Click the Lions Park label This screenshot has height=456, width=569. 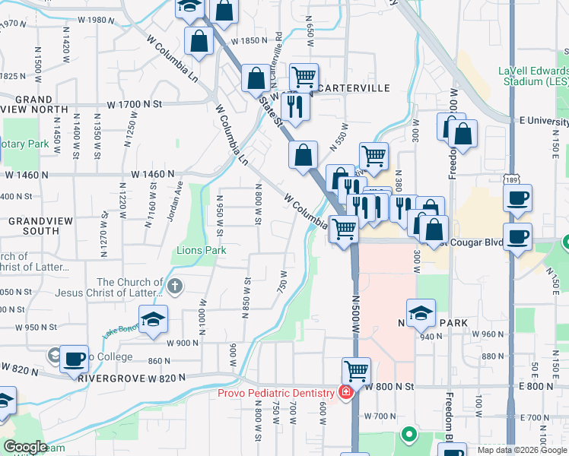(202, 249)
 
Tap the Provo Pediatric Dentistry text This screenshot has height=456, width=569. (276, 392)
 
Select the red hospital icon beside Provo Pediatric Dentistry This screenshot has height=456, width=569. (346, 392)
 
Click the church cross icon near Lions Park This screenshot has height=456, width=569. (175, 287)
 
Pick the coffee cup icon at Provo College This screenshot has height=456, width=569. (75, 358)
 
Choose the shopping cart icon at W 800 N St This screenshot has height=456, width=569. (355, 371)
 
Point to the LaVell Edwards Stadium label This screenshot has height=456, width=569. (533, 75)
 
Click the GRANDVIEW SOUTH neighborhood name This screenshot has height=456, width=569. (33, 225)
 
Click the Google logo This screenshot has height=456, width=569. (25, 447)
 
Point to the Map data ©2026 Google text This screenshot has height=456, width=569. (522, 450)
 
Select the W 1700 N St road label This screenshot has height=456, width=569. (135, 103)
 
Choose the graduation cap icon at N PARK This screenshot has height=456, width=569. (421, 312)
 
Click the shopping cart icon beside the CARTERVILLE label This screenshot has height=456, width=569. (304, 75)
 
